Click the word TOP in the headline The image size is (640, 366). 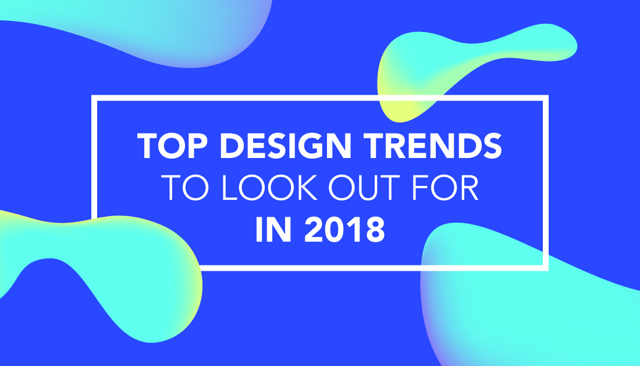point(173,145)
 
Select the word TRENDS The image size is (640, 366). point(433,145)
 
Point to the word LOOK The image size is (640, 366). point(269,188)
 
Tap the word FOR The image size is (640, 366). point(445,188)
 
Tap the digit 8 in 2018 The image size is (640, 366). point(375,230)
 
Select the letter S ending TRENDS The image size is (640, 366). point(492,145)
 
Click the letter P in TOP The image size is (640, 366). point(198,145)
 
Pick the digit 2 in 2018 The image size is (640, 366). point(314,230)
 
